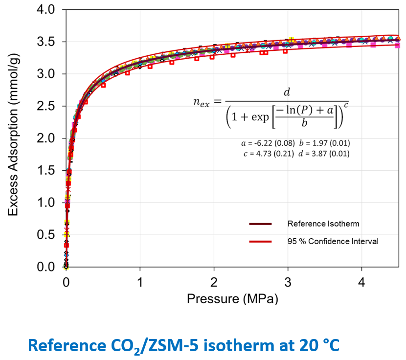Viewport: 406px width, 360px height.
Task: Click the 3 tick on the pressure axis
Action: point(288,283)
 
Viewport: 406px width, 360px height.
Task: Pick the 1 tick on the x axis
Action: point(140,283)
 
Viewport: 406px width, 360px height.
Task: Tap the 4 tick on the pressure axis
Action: point(361,283)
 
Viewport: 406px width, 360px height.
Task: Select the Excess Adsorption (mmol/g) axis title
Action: point(14,138)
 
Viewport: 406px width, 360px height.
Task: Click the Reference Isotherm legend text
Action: point(323,224)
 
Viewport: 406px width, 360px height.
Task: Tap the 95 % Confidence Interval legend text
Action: point(333,241)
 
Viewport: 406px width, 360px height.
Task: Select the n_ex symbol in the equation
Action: point(202,101)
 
